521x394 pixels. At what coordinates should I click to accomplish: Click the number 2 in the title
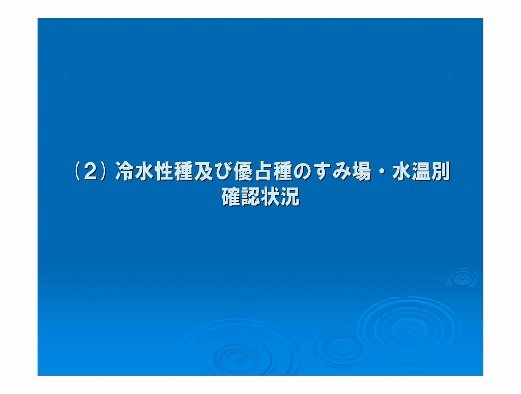tap(90, 172)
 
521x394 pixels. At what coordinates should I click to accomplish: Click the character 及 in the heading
tap(204, 171)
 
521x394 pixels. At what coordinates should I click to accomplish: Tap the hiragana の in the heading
tap(302, 172)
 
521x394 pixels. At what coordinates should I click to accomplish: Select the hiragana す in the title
tap(322, 172)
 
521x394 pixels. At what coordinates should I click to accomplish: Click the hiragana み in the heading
tap(341, 172)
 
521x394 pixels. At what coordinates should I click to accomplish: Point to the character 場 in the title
tap(361, 171)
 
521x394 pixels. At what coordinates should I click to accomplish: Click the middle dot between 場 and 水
tap(381, 172)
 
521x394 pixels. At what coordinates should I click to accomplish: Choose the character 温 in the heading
tap(420, 171)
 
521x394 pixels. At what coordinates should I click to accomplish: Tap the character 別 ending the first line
tap(440, 171)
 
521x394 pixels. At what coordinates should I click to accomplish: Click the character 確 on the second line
tap(231, 197)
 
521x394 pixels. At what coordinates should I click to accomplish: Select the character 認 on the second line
tap(250, 197)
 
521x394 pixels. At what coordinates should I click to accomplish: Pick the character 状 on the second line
tap(270, 197)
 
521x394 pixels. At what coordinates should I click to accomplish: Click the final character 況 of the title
tap(290, 197)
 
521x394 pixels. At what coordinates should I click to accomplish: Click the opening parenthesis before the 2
tap(77, 172)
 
